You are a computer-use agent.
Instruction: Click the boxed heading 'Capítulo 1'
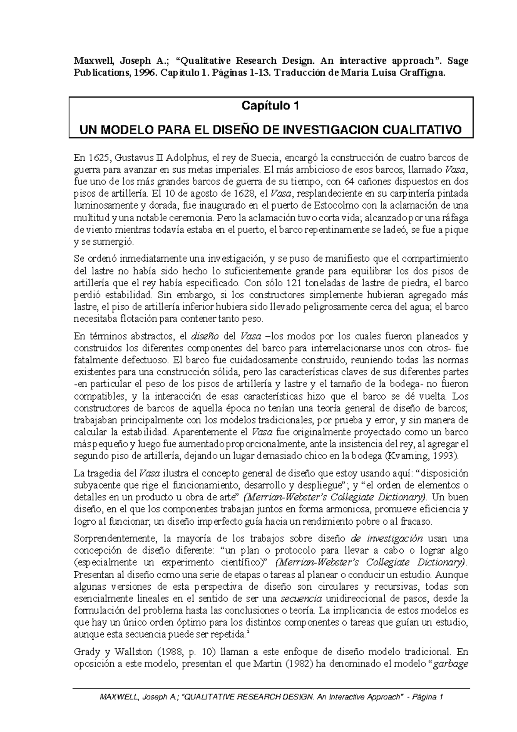pos(271,106)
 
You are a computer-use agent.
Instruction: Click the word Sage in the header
pos(458,61)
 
